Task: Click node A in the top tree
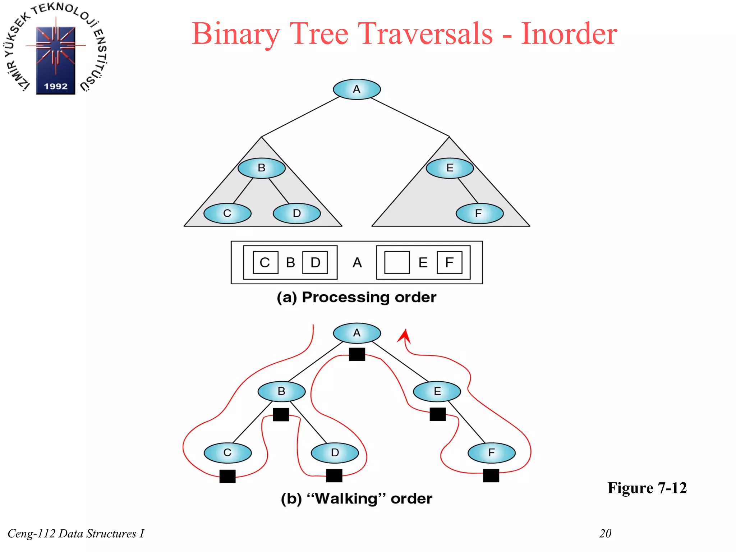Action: [356, 89]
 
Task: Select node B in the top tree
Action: [262, 168]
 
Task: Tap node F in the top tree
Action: [479, 213]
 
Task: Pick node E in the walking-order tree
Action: [437, 391]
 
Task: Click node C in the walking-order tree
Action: [227, 453]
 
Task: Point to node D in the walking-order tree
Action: [335, 453]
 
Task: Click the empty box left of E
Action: [397, 263]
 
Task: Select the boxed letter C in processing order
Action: [265, 263]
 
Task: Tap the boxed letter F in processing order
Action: [449, 263]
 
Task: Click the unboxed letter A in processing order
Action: [357, 263]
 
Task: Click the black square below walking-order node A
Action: [357, 354]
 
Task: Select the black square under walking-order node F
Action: [491, 475]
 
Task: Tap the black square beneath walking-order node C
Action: [227, 476]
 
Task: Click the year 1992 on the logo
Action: [56, 86]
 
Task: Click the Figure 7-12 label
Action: [647, 488]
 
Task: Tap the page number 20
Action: [605, 533]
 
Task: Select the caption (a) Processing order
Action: [356, 298]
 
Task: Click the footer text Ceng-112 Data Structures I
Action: [76, 534]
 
